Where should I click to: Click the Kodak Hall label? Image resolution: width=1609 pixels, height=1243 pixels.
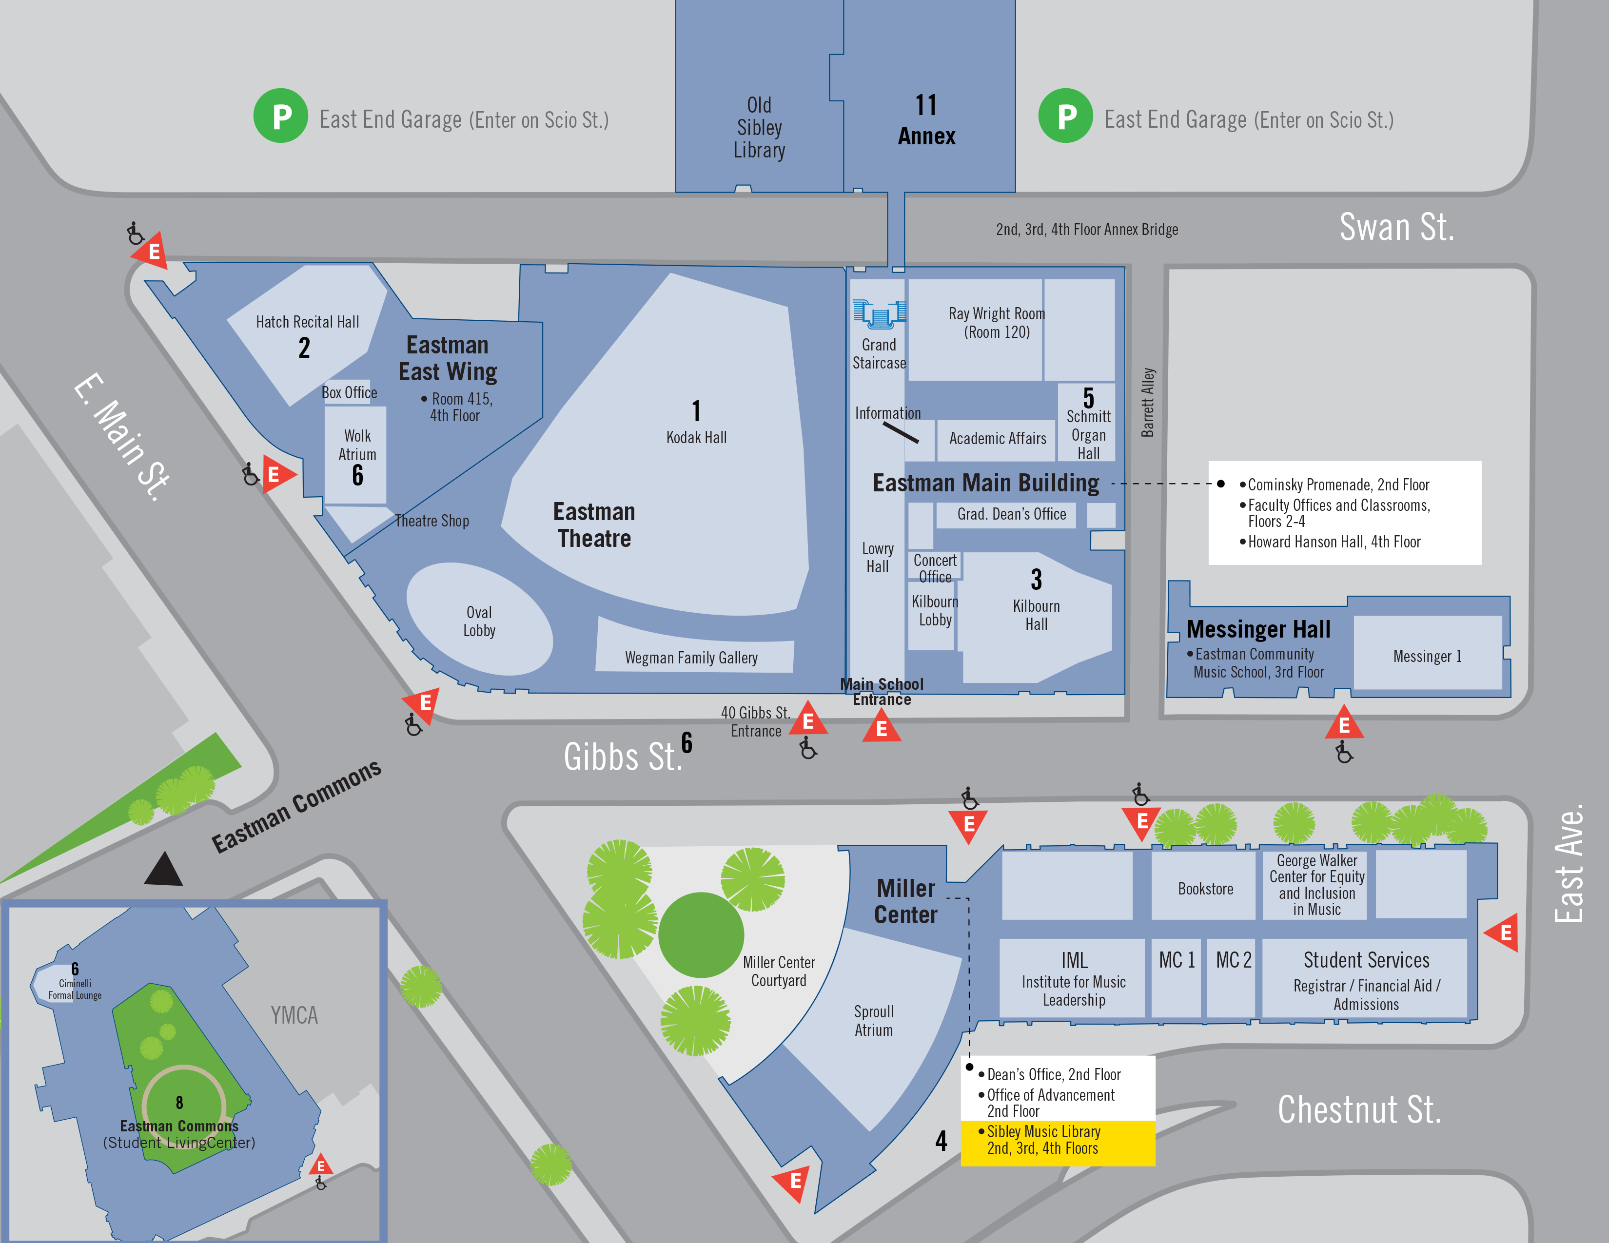click(696, 437)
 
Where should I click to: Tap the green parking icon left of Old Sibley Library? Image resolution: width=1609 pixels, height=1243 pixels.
click(281, 116)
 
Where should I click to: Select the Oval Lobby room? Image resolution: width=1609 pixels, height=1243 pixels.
click(479, 621)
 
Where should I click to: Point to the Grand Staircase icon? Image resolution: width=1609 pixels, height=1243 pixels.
click(879, 314)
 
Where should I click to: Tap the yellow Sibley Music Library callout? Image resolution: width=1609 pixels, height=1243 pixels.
click(1057, 1141)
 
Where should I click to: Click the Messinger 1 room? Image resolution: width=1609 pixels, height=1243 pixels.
click(1427, 655)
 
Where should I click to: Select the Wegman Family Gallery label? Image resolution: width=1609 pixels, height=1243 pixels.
click(691, 658)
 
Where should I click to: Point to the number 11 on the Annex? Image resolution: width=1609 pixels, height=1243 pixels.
click(926, 105)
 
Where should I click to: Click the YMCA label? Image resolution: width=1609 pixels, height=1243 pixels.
click(294, 1015)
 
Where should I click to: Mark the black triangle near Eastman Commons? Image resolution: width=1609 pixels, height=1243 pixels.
click(163, 870)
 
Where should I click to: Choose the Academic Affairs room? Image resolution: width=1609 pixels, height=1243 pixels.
click(998, 439)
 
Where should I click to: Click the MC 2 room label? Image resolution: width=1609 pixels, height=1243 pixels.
click(1233, 960)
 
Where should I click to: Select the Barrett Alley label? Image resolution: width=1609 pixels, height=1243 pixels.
click(1148, 403)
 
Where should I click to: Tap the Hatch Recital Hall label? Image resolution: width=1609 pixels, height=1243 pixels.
click(307, 322)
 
